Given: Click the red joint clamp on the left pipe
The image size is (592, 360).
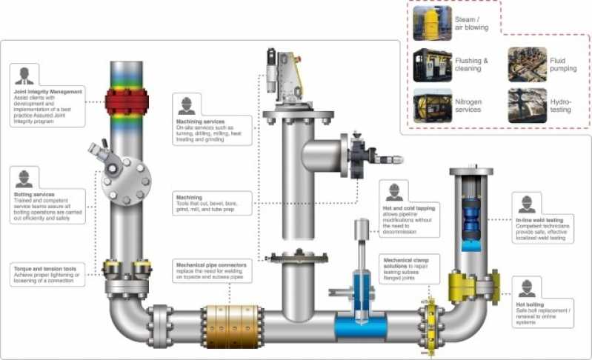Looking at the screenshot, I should coord(127,99).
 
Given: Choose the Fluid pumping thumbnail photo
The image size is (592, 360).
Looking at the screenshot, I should coord(527,64).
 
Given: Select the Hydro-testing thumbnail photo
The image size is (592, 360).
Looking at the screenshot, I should coord(527,105).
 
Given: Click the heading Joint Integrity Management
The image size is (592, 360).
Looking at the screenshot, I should coord(47,91).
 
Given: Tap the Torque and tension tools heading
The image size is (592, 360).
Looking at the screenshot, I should coord(44,267).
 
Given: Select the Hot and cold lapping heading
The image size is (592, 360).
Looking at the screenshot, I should coord(410,208).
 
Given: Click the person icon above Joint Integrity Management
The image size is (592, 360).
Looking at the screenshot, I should coord(24,76).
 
